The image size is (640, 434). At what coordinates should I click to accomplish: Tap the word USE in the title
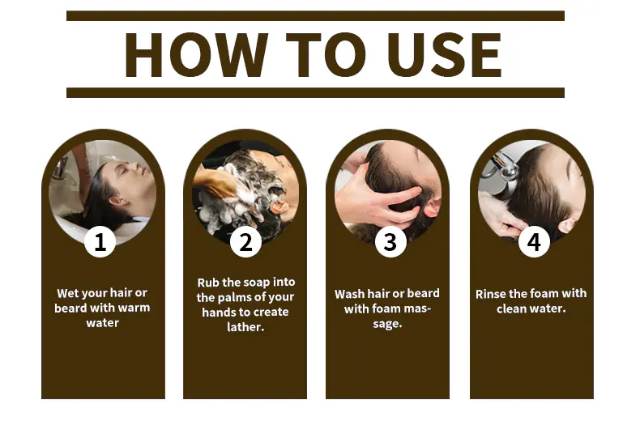tap(445, 55)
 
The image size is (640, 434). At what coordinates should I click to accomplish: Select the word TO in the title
tap(326, 55)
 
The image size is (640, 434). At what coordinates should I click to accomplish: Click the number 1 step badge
tap(100, 241)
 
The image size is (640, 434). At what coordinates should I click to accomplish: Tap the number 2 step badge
tap(245, 242)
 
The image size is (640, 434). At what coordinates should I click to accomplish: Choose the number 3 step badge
tap(390, 242)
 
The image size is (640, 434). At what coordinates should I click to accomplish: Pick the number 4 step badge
tap(534, 242)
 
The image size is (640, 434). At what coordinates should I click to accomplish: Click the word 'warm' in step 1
tap(134, 308)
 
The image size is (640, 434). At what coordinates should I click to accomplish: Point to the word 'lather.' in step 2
tap(245, 327)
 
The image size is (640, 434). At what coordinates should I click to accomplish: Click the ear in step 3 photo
tap(432, 206)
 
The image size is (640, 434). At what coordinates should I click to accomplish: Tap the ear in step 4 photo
tap(568, 225)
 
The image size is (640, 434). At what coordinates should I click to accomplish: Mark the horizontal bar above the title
tap(315, 16)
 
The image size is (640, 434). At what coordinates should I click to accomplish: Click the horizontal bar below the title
tap(315, 92)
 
